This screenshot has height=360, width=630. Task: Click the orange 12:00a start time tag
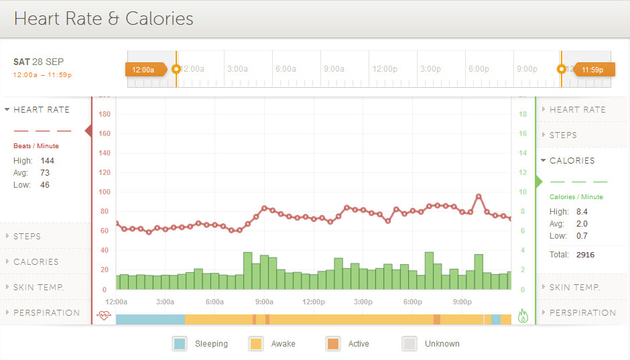point(143,69)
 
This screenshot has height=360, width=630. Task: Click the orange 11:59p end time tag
point(592,69)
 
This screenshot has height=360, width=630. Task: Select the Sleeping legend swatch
point(180,344)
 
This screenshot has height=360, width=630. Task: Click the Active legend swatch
point(332,344)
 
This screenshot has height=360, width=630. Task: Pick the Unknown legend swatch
point(409,344)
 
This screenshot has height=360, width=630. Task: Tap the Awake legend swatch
point(256,344)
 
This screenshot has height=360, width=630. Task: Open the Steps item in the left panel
point(27,236)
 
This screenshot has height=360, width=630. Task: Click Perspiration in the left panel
point(46,312)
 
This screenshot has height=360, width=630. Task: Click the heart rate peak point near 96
point(479,196)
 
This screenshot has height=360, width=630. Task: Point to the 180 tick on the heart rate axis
point(104,114)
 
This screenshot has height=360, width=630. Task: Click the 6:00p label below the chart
point(413,302)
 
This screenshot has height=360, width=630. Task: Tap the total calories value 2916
point(585,255)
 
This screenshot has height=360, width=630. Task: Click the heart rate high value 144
point(47,161)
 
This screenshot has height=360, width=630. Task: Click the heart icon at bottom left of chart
point(103,316)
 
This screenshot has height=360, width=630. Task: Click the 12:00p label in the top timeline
point(385,69)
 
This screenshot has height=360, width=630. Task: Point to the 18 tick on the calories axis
point(522,114)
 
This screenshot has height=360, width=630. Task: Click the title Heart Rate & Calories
point(104,19)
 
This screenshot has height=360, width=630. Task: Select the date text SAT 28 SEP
point(38,62)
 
